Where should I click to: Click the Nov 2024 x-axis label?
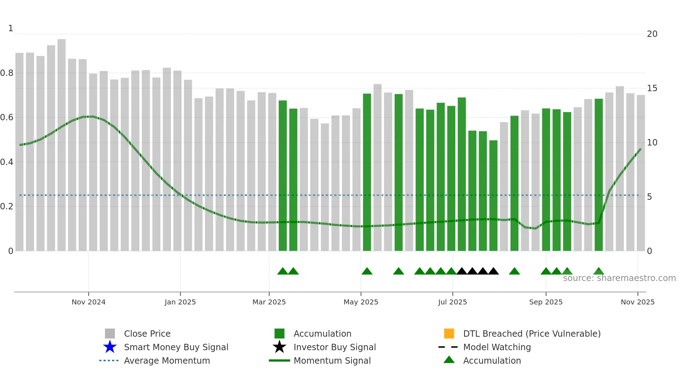[88, 302]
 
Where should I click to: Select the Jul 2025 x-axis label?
[452, 302]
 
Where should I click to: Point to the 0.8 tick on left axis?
[7, 73]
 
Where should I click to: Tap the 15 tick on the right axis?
[652, 88]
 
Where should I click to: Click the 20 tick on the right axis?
[652, 34]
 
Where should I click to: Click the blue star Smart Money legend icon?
[110, 347]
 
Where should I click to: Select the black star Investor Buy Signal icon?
[279, 347]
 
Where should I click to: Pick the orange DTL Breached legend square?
[449, 334]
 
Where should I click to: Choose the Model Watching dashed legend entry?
[497, 347]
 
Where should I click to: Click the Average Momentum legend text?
[167, 360]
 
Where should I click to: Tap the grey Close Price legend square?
[110, 334]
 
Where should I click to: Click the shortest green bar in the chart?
[493, 195]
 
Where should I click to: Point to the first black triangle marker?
[462, 271]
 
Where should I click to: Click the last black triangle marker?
[493, 271]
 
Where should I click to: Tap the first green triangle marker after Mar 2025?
[283, 271]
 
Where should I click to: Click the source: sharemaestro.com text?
[619, 278]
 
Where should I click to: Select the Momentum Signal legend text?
[332, 360]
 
